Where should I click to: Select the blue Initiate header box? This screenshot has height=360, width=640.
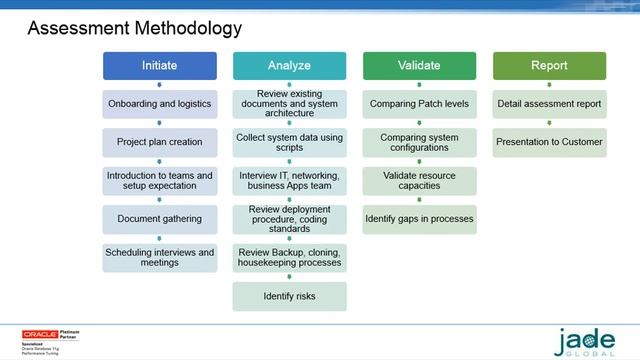160,66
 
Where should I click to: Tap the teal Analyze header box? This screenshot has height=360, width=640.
289,66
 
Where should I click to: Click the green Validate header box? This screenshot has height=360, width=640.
419,66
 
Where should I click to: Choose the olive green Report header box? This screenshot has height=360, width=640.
549,66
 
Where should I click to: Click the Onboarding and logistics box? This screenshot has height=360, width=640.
160,104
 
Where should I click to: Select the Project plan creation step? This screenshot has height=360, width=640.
160,142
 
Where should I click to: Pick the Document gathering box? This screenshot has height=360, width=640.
160,218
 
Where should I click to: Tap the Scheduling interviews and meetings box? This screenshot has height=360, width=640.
160,258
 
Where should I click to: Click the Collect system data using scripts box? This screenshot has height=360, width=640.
289,142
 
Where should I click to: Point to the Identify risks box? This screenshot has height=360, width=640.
289,296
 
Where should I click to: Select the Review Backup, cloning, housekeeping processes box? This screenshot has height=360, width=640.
289,257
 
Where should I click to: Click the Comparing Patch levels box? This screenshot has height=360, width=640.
419,104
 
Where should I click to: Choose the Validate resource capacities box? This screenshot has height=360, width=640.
419,181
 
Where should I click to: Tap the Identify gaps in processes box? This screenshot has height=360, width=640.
419,219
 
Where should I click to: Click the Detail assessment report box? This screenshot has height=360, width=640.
549,104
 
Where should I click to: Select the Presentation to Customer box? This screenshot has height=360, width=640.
549,142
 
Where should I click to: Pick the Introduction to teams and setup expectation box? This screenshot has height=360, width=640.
160,181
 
